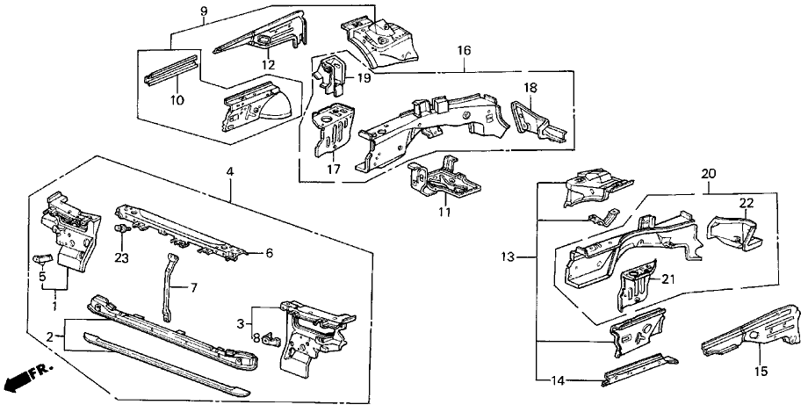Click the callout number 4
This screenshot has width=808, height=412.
point(230,173)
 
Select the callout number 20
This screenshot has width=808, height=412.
point(708,173)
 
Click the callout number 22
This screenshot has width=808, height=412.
point(746,204)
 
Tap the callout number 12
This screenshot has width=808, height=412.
point(267,64)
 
